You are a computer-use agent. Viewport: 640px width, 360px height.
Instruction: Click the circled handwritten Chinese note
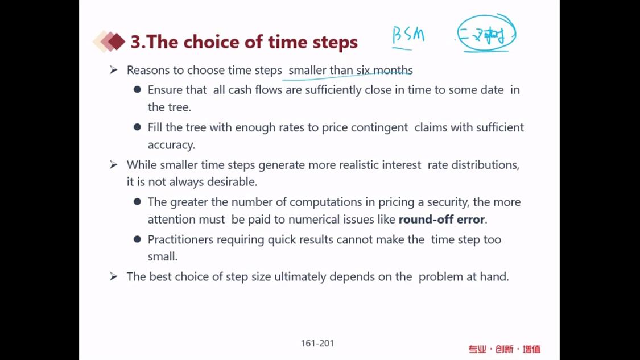pyautogui.click(x=486, y=34)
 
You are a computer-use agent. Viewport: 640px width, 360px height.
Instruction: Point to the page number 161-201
pyautogui.click(x=317, y=344)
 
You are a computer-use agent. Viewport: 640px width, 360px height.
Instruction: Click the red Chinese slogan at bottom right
pyautogui.click(x=505, y=349)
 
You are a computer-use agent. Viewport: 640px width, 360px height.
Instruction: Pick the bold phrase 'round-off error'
pyautogui.click(x=441, y=219)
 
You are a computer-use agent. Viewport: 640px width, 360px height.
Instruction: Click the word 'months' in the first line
pyautogui.click(x=393, y=70)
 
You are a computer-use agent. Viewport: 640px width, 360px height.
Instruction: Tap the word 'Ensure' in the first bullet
pyautogui.click(x=166, y=90)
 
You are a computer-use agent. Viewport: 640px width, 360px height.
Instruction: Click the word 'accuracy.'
pyautogui.click(x=171, y=145)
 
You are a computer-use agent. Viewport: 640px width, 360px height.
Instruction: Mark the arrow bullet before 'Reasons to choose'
pyautogui.click(x=113, y=70)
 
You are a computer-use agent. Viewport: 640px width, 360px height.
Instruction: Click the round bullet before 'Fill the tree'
pyautogui.click(x=137, y=127)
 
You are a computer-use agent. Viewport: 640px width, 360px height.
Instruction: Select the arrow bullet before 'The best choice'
pyautogui.click(x=113, y=277)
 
